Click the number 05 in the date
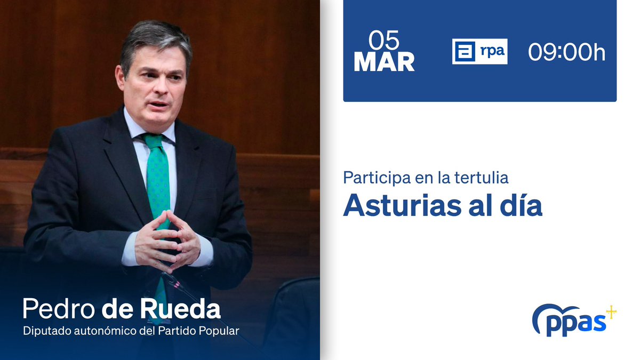384,41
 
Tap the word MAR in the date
384,62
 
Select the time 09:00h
566,52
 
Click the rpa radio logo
479,52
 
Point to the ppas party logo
570,320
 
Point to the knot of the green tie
154,141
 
